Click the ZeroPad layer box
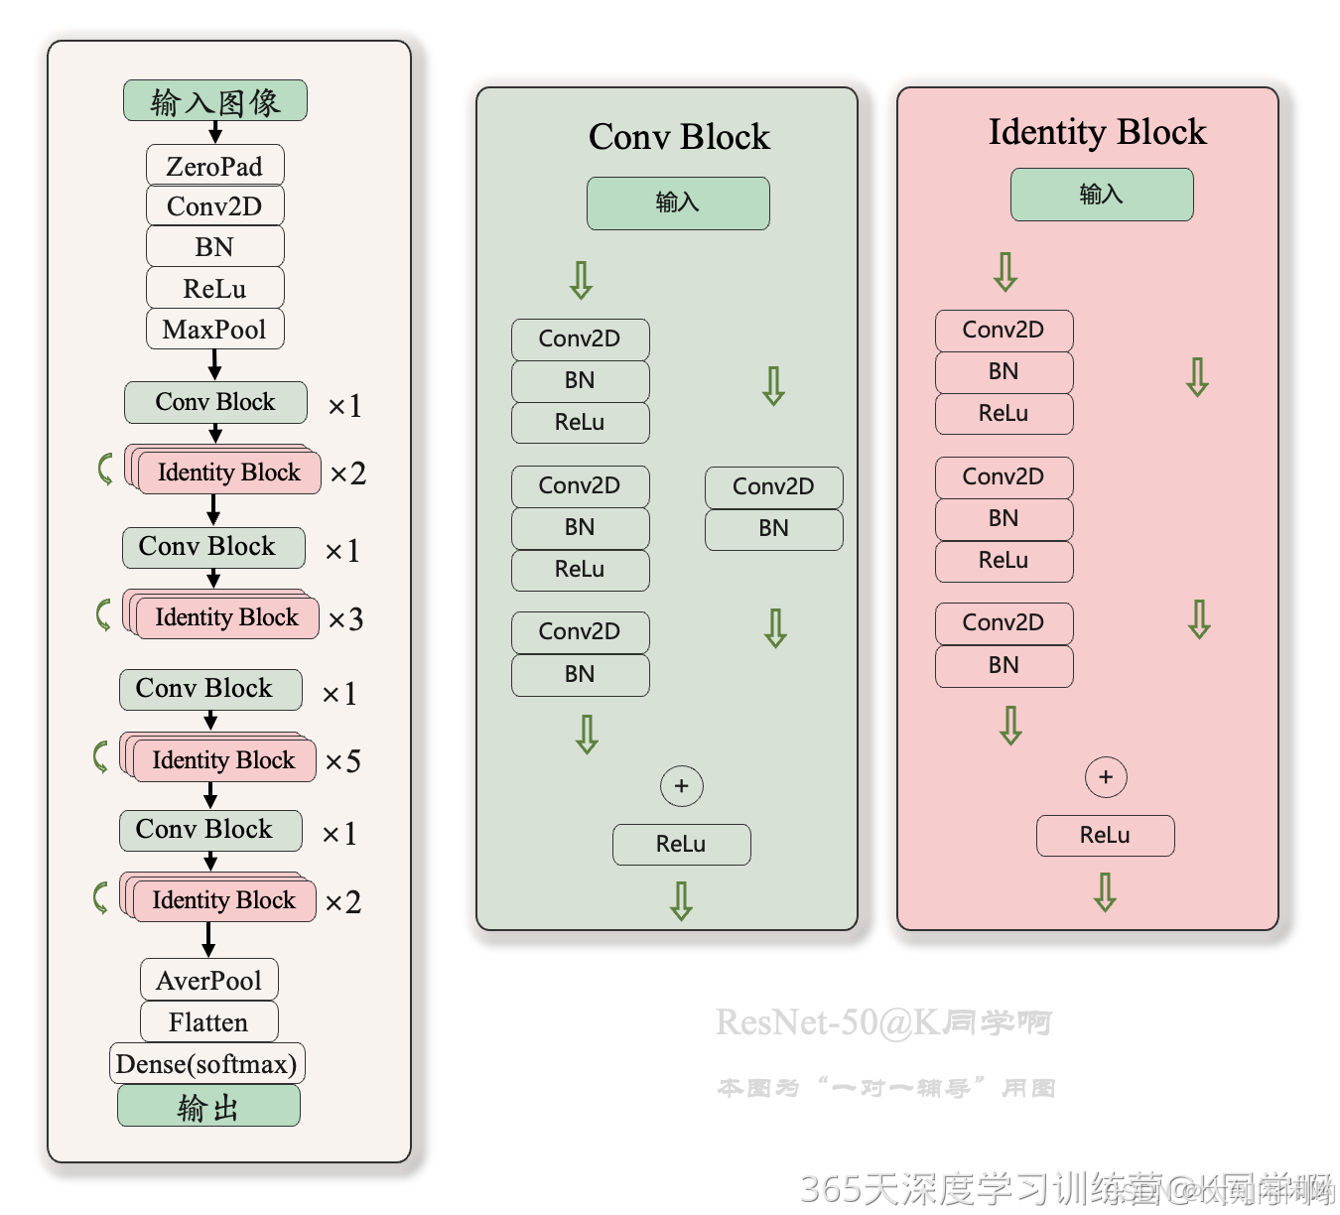pyautogui.click(x=214, y=166)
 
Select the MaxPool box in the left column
pyautogui.click(x=214, y=330)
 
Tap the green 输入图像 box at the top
pyautogui.click(x=214, y=101)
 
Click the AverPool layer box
pyautogui.click(x=208, y=981)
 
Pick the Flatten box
pyautogui.click(x=208, y=1022)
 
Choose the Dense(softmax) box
pyautogui.click(x=206, y=1064)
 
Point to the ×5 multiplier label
pyautogui.click(x=343, y=761)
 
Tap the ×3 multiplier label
pyautogui.click(x=345, y=619)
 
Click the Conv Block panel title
pyautogui.click(x=679, y=137)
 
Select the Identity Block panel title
pyautogui.click(x=1097, y=132)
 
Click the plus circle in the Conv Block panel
pyautogui.click(x=681, y=786)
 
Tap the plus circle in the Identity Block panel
pyautogui.click(x=1106, y=777)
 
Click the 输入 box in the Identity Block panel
pyautogui.click(x=1102, y=195)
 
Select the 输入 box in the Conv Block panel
pyautogui.click(x=678, y=203)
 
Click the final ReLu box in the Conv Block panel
pyautogui.click(x=681, y=845)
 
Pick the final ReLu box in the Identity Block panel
pyautogui.click(x=1105, y=836)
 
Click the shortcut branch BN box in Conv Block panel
pyautogui.click(x=773, y=529)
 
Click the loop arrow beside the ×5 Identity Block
pyautogui.click(x=100, y=756)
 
